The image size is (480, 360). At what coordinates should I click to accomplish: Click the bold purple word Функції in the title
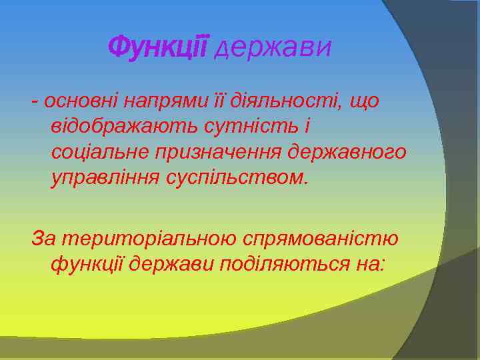tap(159, 47)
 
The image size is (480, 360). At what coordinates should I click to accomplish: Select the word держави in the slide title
tap(273, 48)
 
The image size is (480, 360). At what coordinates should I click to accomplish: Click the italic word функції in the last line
tap(87, 264)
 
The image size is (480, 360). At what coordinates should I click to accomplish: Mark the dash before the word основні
tap(34, 102)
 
